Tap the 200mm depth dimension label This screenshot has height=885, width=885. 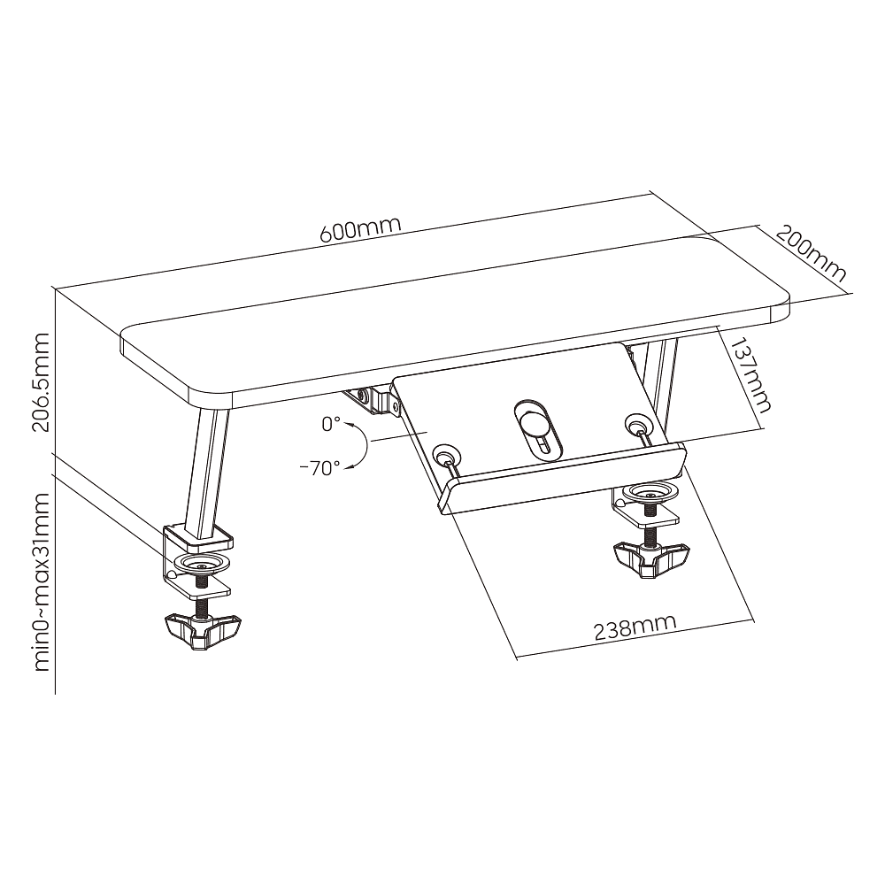tap(812, 253)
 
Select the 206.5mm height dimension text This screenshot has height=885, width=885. tap(42, 382)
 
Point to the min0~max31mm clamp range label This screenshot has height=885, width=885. tap(42, 581)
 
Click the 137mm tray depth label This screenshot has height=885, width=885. tap(749, 374)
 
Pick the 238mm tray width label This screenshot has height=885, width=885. tap(635, 628)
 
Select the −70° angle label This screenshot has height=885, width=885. tap(320, 467)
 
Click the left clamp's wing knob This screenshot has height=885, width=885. tap(203, 632)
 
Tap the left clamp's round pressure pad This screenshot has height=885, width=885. tap(202, 563)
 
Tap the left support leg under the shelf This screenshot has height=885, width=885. tap(207, 475)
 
